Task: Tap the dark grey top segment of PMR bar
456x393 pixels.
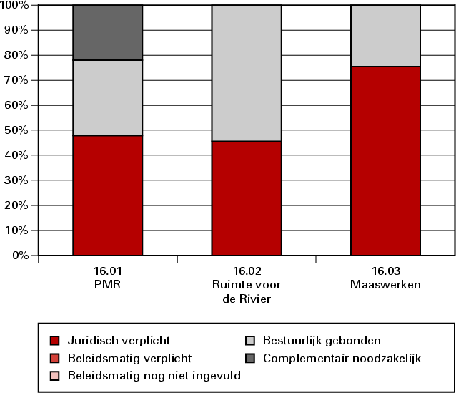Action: click(x=107, y=32)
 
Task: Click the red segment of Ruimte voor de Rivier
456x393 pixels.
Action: click(x=247, y=198)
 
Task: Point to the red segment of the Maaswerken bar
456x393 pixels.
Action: click(x=385, y=160)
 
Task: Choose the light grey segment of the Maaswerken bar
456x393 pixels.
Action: click(x=385, y=36)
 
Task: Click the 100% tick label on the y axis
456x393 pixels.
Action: click(x=14, y=6)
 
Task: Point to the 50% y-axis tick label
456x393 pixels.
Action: click(x=16, y=130)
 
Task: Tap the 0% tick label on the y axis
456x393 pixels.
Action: click(x=19, y=256)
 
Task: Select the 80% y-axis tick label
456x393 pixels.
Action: click(x=16, y=55)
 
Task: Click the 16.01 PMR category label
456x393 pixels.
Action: click(x=107, y=278)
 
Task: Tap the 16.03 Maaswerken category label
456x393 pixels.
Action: click(x=385, y=278)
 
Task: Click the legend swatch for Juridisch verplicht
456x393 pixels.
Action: click(x=55, y=340)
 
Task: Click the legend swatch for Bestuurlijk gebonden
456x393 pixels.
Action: click(x=250, y=340)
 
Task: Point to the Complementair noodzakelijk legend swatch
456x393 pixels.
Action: click(x=250, y=357)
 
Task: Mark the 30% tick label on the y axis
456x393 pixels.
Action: click(x=16, y=180)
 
